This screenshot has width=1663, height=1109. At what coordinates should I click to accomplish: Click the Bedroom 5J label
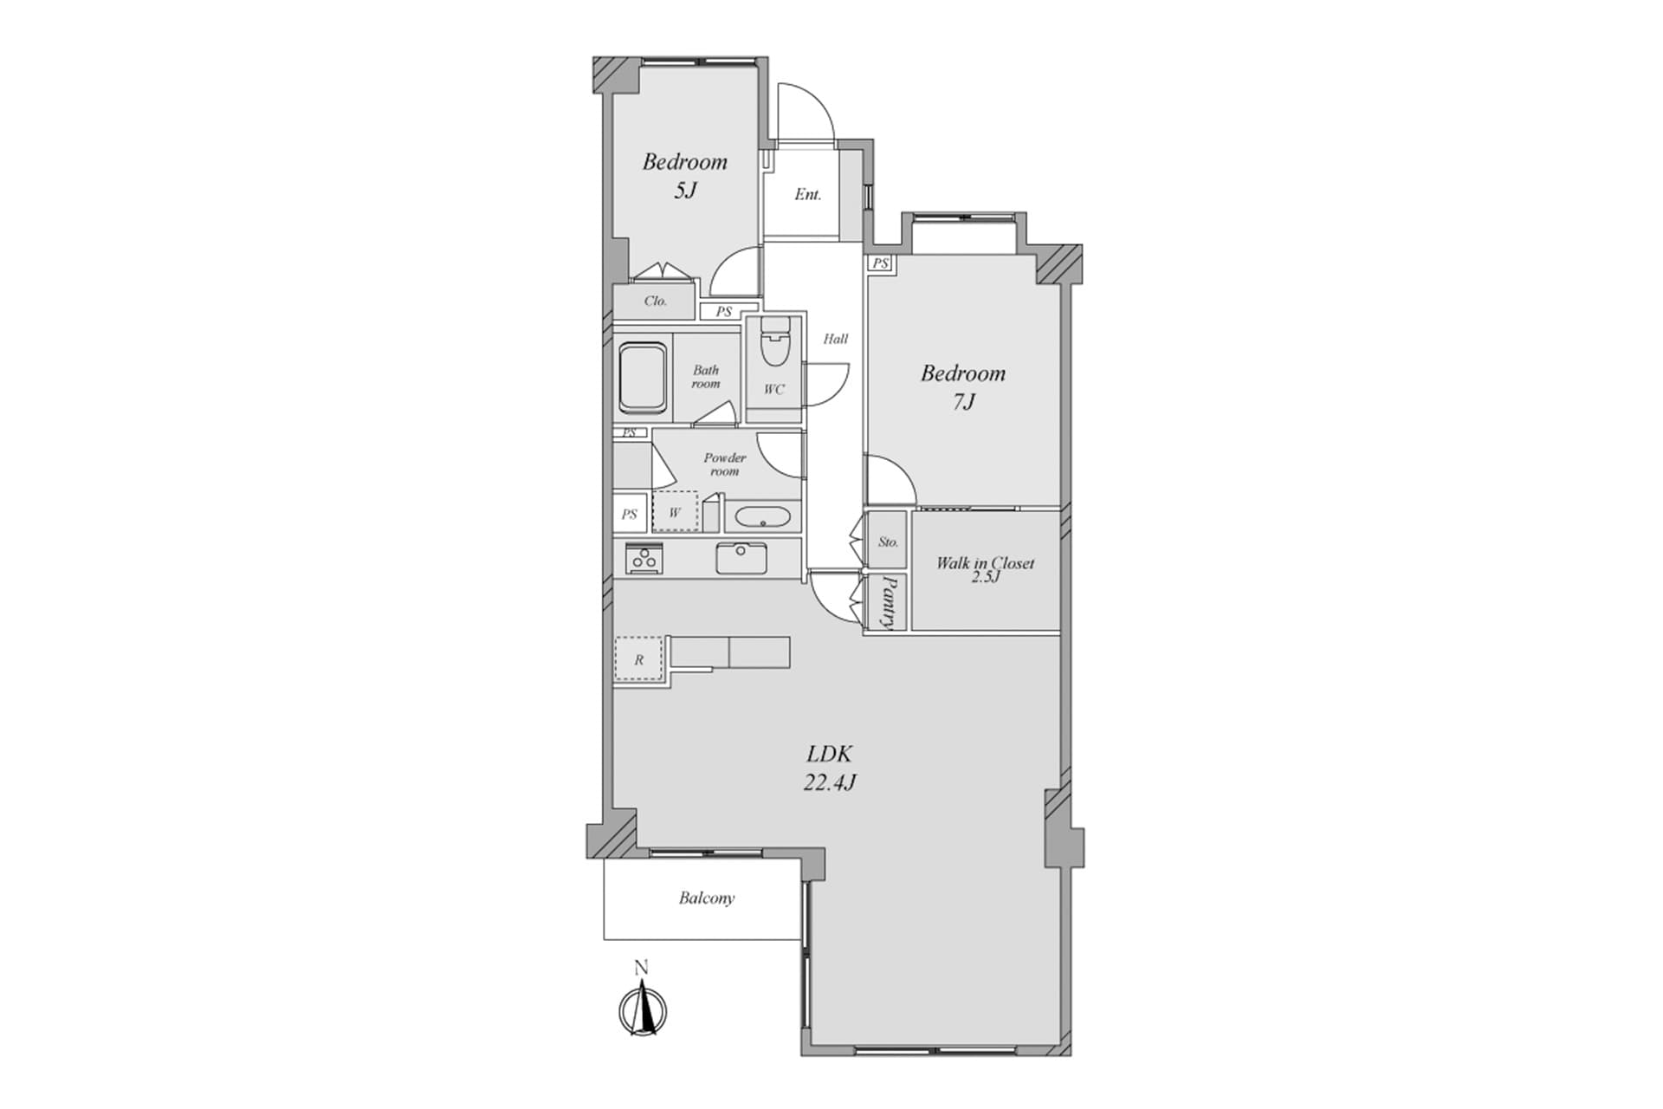click(x=684, y=176)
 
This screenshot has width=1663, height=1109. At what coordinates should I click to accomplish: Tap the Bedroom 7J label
click(x=963, y=387)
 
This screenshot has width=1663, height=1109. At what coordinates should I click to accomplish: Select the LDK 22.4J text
click(x=831, y=768)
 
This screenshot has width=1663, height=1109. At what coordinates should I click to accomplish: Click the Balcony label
click(x=707, y=898)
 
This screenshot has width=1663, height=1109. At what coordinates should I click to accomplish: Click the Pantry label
click(x=889, y=601)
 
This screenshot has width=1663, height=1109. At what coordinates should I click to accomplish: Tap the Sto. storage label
click(x=888, y=542)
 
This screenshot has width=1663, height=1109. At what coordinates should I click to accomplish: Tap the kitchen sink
click(x=741, y=558)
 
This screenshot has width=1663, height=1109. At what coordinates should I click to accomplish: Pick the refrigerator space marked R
click(x=638, y=659)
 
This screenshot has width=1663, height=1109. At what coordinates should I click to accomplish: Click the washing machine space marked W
click(x=675, y=512)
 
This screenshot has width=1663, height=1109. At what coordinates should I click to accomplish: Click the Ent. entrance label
click(x=807, y=195)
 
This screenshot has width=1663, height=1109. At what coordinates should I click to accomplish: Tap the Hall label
click(x=835, y=339)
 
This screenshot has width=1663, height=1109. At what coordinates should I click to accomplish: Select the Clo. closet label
click(x=655, y=302)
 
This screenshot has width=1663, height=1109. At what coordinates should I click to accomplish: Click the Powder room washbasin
click(x=762, y=518)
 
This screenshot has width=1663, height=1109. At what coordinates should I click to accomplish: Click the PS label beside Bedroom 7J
click(x=881, y=263)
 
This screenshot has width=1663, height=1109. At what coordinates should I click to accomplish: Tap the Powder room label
click(x=724, y=464)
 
